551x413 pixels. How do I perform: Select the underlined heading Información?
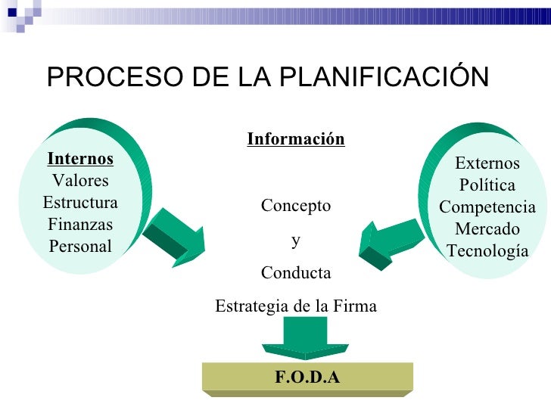point(296,139)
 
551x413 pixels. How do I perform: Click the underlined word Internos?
point(80,158)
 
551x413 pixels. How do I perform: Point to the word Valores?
point(80,181)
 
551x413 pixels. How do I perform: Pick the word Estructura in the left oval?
point(80,203)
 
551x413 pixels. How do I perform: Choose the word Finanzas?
point(80,225)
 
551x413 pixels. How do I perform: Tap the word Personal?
point(80,247)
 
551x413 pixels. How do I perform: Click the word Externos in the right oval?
point(487,163)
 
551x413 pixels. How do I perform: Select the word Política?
point(487,185)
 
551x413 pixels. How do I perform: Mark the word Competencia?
point(487,207)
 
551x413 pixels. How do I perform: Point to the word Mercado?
point(487,229)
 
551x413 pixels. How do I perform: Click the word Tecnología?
point(487,251)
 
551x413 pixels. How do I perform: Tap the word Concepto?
point(296,206)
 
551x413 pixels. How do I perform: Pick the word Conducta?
point(296,272)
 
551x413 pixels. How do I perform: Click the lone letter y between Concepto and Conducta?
point(296,240)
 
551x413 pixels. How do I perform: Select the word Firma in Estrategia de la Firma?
point(356,306)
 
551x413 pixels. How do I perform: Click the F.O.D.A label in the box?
point(307,377)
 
